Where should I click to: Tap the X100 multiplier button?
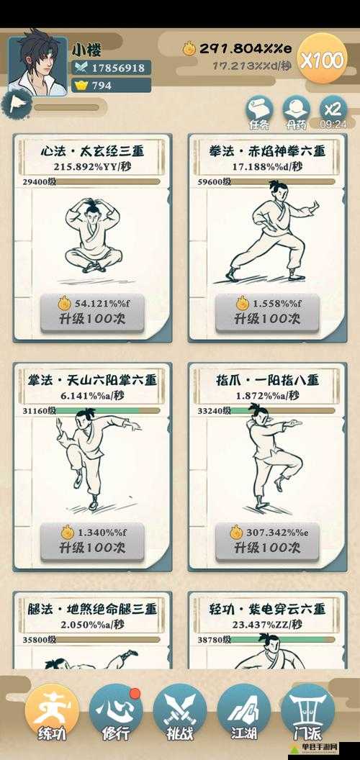[x=322, y=60]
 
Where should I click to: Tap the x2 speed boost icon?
[x=332, y=112]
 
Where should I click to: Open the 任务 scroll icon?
[x=259, y=112]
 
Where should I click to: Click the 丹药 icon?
[x=296, y=112]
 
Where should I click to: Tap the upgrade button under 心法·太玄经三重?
[x=92, y=312]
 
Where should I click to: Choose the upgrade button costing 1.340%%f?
[x=92, y=540]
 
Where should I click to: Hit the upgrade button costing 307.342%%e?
[x=266, y=540]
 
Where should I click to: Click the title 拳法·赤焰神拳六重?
[x=266, y=151]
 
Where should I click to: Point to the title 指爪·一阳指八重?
[x=266, y=380]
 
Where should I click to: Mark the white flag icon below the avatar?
[x=16, y=105]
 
